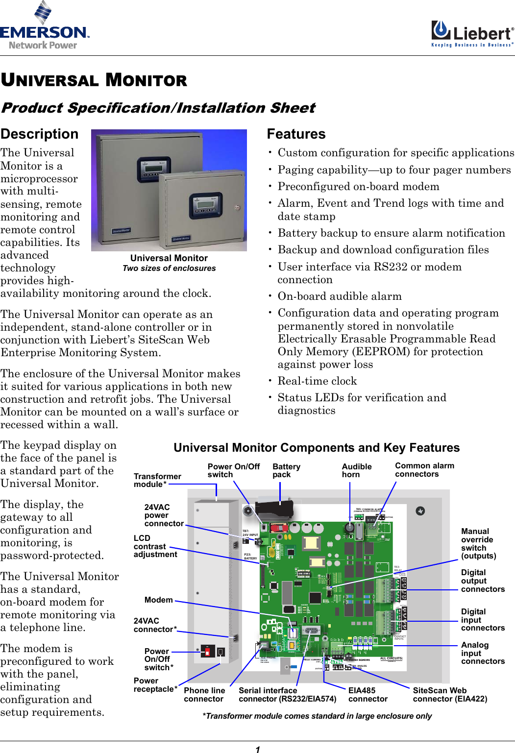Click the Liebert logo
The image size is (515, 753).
pos(472,34)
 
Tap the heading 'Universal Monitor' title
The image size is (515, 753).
pos(94,80)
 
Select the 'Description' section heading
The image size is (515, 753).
pos(39,134)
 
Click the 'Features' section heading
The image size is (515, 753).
pos(296,134)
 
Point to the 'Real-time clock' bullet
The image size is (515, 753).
pos(317,381)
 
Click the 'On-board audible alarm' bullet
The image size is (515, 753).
pos(339,296)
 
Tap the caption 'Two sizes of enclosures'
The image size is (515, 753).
pos(169,268)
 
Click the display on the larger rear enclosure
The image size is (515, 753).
pos(153,166)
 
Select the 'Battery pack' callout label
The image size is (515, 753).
pos(286,470)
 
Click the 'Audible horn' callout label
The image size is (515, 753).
pos(356,470)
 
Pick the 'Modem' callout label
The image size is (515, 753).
pos(158,600)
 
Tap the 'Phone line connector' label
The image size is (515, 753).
pos(204,695)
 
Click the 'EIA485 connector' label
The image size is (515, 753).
pos(368,695)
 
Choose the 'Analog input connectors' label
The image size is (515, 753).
pos(482,653)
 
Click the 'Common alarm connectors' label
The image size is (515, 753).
pos(424,470)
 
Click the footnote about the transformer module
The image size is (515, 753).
pos(317,716)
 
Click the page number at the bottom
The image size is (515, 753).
pos(258,749)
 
